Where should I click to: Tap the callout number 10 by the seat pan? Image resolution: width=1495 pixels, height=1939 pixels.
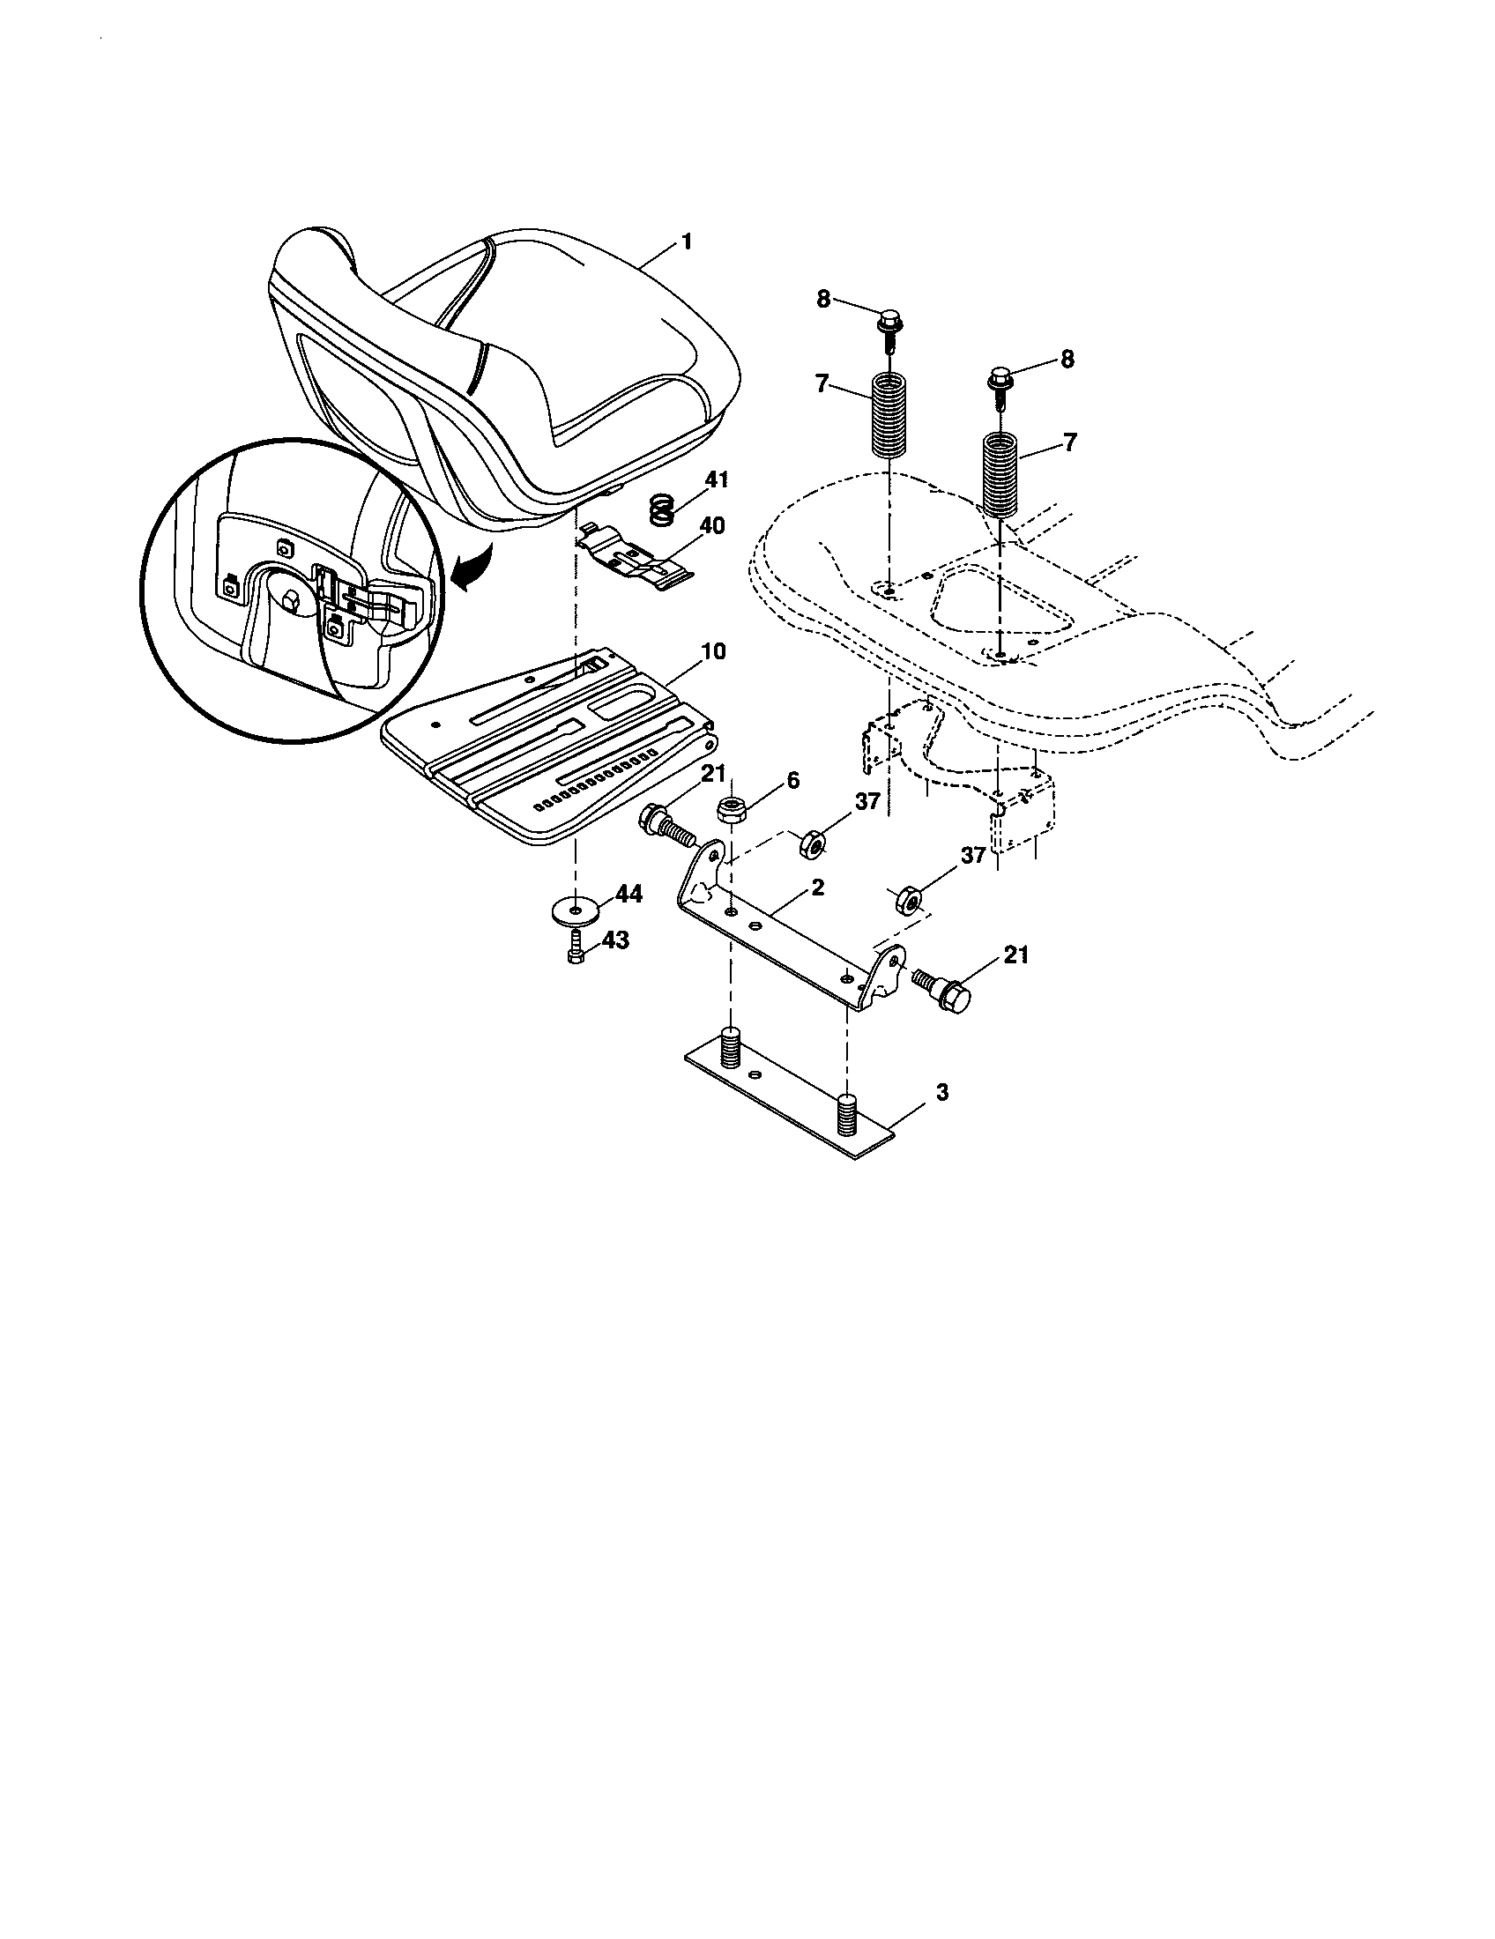tap(713, 651)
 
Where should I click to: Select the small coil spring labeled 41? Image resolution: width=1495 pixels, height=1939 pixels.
tap(661, 510)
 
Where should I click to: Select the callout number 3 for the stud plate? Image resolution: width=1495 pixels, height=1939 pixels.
tap(942, 1092)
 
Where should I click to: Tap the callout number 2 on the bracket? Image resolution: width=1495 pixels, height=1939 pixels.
tap(818, 887)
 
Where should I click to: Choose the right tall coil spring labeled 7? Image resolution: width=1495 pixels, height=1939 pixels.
tap(1001, 473)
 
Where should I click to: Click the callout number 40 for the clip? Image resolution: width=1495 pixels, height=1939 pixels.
tap(712, 525)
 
